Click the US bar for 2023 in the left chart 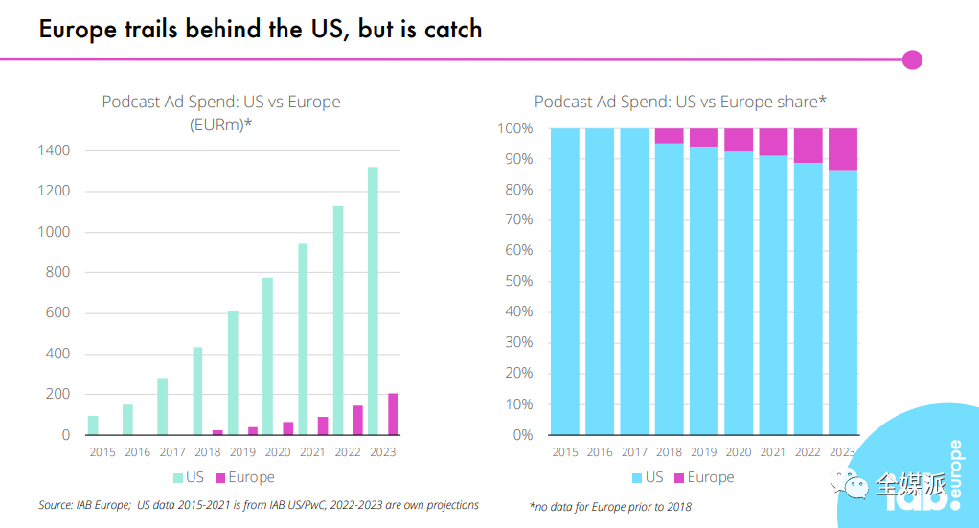[374, 301]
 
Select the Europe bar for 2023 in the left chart [393, 414]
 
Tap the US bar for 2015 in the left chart [93, 425]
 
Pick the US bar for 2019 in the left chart [233, 373]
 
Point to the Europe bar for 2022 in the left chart [357, 420]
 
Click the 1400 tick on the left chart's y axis [54, 150]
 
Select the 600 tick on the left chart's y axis [57, 313]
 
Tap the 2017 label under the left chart [172, 452]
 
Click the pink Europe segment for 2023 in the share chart [843, 149]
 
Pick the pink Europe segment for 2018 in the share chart [670, 136]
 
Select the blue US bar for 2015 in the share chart [565, 282]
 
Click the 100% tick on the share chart [513, 128]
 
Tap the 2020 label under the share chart [739, 452]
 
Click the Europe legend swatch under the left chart [218, 477]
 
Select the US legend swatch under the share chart [637, 477]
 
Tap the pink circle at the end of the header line [912, 59]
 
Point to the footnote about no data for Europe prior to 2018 [609, 506]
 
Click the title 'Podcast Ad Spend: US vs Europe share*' [680, 102]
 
